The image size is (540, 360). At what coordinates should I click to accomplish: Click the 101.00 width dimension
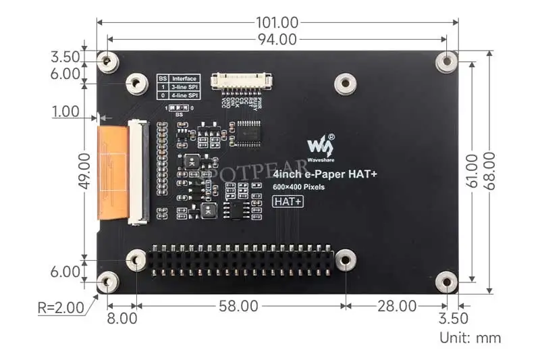(277, 22)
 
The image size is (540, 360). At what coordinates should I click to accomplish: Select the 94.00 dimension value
(277, 40)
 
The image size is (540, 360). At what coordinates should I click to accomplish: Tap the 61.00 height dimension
(473, 171)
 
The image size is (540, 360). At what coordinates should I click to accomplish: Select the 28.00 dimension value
(397, 306)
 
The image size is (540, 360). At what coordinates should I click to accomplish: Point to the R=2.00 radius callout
(61, 308)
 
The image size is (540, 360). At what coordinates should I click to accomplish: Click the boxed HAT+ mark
(287, 201)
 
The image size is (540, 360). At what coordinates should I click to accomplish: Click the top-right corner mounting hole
(446, 61)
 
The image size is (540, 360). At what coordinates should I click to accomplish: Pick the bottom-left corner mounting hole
(107, 282)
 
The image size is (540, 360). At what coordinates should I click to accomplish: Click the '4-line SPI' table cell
(184, 96)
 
